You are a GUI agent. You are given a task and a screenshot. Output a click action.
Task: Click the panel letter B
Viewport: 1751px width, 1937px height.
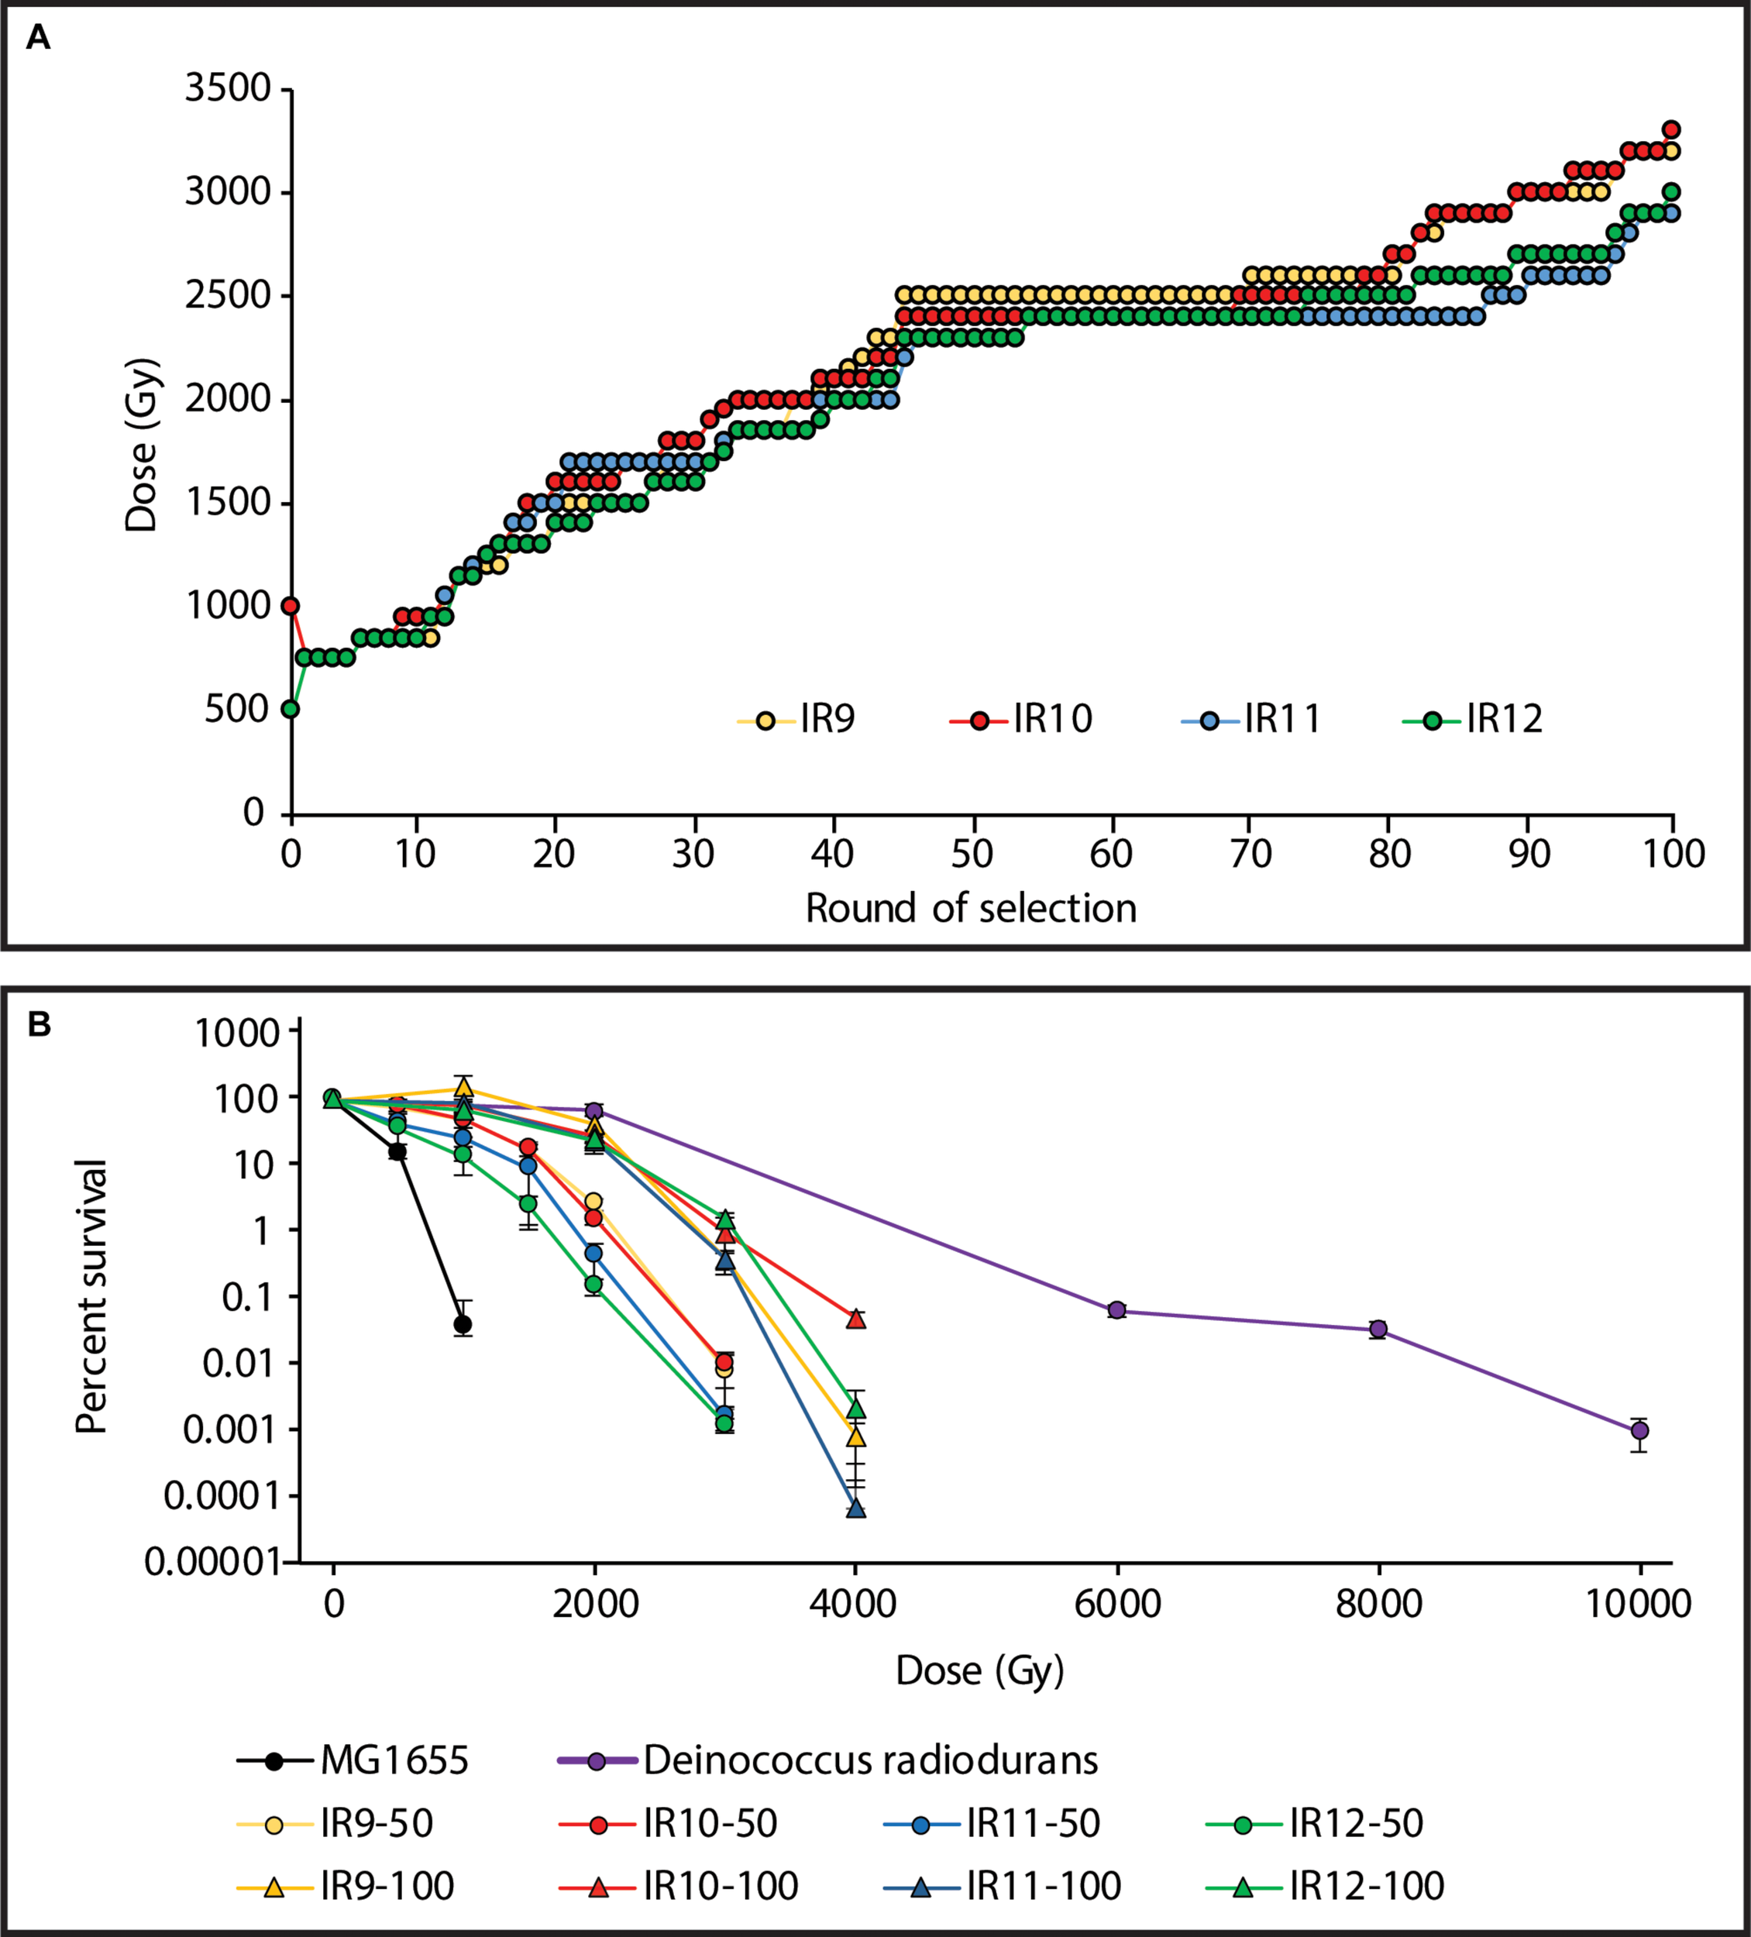pos(40,1025)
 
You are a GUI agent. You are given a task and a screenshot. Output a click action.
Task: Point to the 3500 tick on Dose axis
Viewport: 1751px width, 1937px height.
pos(228,88)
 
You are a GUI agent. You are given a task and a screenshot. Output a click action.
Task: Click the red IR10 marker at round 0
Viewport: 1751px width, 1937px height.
pos(291,606)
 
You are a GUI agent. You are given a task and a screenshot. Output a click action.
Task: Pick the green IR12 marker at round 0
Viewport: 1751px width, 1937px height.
pos(291,709)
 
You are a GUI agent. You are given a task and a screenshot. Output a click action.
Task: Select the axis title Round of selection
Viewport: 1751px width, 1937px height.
pos(971,908)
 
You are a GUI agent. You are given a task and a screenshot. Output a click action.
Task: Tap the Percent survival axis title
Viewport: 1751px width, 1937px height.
pos(91,1297)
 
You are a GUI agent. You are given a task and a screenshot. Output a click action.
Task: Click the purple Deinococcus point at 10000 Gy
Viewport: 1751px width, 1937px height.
pos(1639,1430)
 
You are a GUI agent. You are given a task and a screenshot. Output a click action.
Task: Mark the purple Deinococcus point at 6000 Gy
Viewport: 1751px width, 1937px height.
pos(1116,1309)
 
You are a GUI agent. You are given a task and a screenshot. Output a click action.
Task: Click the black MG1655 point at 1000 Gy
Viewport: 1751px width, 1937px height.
pos(463,1325)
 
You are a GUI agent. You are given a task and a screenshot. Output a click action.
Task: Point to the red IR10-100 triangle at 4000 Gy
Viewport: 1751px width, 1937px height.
pos(856,1319)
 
